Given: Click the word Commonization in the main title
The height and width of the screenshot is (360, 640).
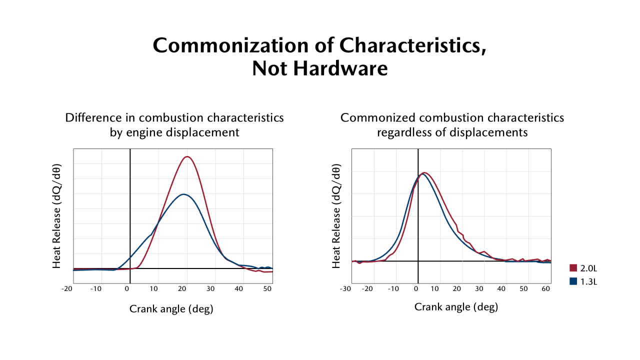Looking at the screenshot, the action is pyautogui.click(x=230, y=45).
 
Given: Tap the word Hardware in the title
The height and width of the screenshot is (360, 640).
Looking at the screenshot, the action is pyautogui.click(x=340, y=68).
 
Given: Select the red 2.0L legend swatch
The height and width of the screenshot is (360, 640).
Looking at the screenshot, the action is pyautogui.click(x=573, y=268).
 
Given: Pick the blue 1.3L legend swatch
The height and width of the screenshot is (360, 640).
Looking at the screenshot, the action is pyautogui.click(x=573, y=281).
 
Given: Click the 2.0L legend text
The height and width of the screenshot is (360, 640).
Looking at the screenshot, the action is pyautogui.click(x=589, y=268).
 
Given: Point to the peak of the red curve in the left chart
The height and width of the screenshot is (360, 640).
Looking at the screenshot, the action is pyautogui.click(x=187, y=156).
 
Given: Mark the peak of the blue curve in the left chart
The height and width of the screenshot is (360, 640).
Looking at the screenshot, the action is pyautogui.click(x=183, y=194).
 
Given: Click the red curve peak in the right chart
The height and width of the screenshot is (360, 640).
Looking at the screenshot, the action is pyautogui.click(x=424, y=172).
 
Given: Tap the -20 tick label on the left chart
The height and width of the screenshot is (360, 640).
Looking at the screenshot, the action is pyautogui.click(x=67, y=289).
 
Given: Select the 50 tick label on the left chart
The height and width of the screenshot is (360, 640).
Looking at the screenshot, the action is pyautogui.click(x=267, y=289).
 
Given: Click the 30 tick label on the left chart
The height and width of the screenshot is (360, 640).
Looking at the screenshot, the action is pyautogui.click(x=210, y=289).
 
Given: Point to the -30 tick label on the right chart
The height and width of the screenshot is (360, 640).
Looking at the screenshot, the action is pyautogui.click(x=345, y=289).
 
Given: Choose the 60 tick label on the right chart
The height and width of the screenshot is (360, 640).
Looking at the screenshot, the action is pyautogui.click(x=545, y=289).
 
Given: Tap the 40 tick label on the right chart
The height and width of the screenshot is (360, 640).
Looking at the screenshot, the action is pyautogui.click(x=501, y=289).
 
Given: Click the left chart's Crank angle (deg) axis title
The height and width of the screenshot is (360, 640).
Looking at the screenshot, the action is pyautogui.click(x=171, y=309).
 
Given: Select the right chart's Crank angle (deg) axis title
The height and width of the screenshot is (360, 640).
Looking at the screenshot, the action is pyautogui.click(x=456, y=307).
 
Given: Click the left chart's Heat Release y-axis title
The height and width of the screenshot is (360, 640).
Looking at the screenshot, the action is pyautogui.click(x=56, y=216).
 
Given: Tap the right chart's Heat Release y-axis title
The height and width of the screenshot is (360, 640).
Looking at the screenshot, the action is pyautogui.click(x=336, y=216).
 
